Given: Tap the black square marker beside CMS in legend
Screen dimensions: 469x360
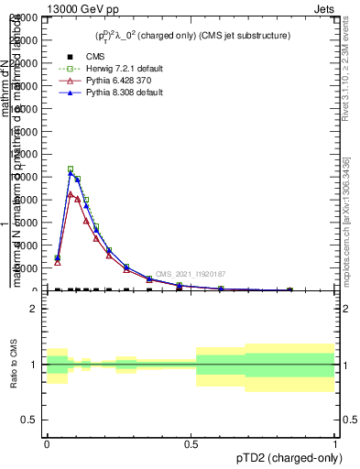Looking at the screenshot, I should point(67,58).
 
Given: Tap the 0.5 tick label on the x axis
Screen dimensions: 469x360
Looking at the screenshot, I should point(191,443).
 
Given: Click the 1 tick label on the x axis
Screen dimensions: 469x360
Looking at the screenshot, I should point(334,443).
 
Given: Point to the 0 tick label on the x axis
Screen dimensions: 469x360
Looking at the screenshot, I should point(47,443).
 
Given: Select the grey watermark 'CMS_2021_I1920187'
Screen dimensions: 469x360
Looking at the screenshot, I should point(190,274).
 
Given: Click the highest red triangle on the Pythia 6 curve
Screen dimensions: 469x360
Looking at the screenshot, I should point(71,193).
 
